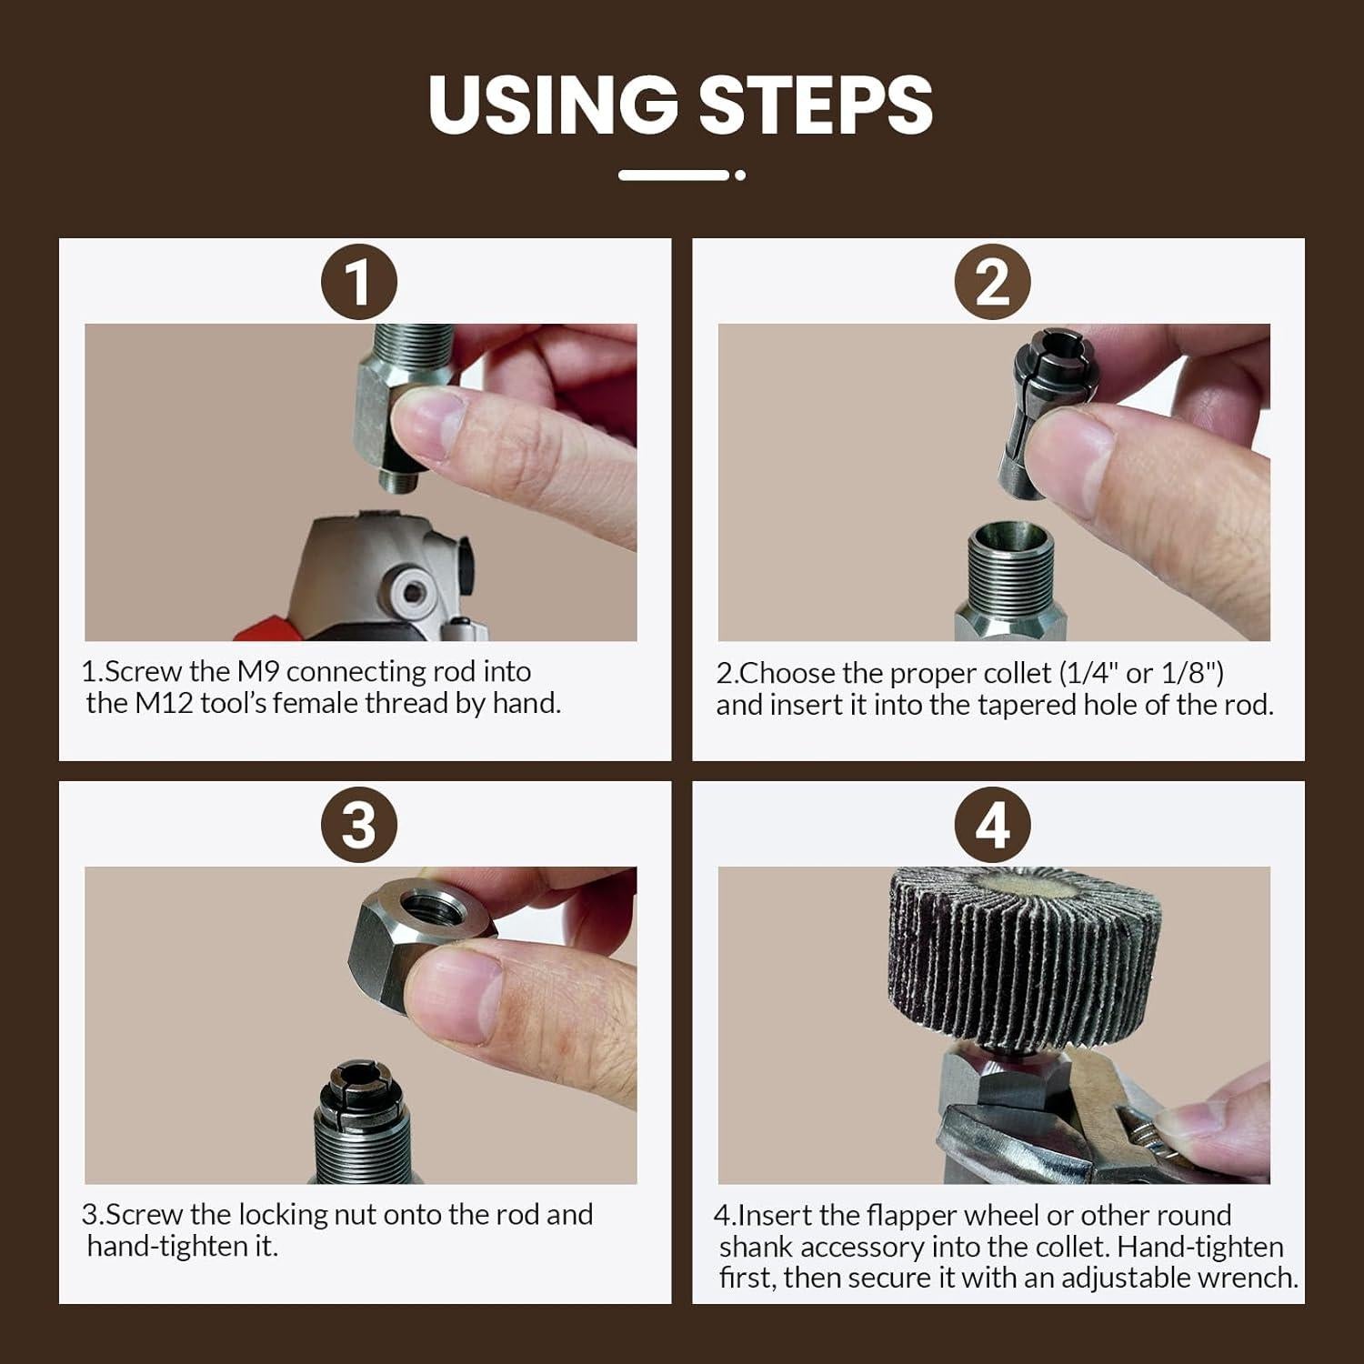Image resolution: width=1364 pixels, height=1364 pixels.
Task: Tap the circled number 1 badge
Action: [x=359, y=282]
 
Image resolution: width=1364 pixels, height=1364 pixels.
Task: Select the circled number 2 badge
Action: [x=992, y=282]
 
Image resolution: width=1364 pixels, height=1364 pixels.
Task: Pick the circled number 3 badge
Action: [x=359, y=826]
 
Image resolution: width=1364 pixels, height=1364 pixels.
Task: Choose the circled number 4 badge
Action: [x=992, y=826]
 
